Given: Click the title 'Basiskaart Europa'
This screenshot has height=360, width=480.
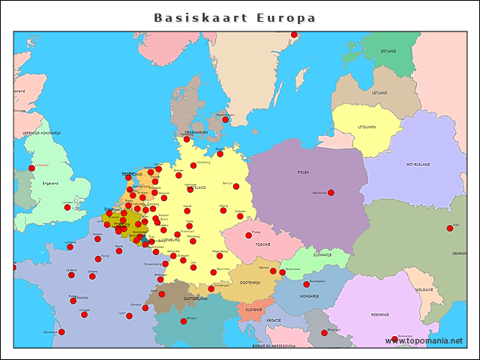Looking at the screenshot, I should (x=235, y=17).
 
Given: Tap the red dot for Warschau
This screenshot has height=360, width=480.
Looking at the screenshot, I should (x=331, y=193).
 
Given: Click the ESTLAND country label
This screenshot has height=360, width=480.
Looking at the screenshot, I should (x=388, y=51).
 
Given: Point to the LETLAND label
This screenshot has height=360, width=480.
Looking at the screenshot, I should (x=380, y=93).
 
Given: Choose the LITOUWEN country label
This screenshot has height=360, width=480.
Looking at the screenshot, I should (x=366, y=127).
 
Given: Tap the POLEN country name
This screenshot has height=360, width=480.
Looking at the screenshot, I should (x=303, y=172).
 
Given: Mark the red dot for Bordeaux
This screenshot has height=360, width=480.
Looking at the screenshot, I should (x=61, y=332).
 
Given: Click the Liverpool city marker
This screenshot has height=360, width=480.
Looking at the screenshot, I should (x=31, y=168).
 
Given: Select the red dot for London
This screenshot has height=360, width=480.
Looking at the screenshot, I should (x=67, y=208).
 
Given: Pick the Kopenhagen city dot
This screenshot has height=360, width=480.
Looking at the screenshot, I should (x=225, y=119).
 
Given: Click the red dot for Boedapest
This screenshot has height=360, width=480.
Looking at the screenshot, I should (x=306, y=284).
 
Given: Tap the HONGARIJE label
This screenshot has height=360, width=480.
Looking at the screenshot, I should (x=310, y=296).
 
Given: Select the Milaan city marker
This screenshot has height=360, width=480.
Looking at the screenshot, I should (x=184, y=321).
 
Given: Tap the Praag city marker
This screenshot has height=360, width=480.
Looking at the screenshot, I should (x=248, y=235).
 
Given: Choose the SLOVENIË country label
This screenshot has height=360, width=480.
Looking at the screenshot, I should (x=254, y=309).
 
